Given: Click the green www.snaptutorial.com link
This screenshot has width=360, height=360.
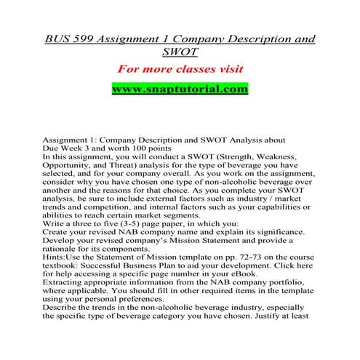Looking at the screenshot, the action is (x=180, y=90).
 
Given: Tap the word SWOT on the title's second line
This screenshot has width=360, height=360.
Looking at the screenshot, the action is (x=180, y=51).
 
